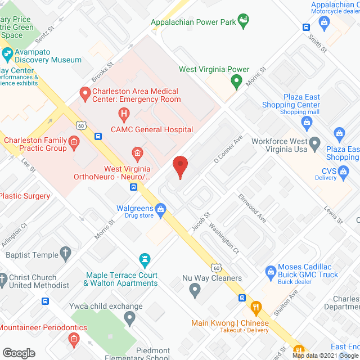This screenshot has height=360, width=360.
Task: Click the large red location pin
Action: click(179, 167)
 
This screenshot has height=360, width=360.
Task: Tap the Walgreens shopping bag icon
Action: click(161, 211)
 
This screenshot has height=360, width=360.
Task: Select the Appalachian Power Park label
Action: click(192, 24)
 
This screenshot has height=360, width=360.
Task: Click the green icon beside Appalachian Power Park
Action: click(243, 22)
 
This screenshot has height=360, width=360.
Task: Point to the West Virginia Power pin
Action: click(236, 82)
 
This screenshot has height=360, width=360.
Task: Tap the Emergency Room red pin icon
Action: click(85, 94)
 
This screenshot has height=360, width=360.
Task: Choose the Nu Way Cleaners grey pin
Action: click(195, 291)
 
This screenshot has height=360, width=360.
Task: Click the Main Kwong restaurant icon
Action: click(256, 308)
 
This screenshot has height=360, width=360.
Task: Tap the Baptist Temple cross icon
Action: click(66, 253)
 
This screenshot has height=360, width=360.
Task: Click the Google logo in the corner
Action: click(18, 353)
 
